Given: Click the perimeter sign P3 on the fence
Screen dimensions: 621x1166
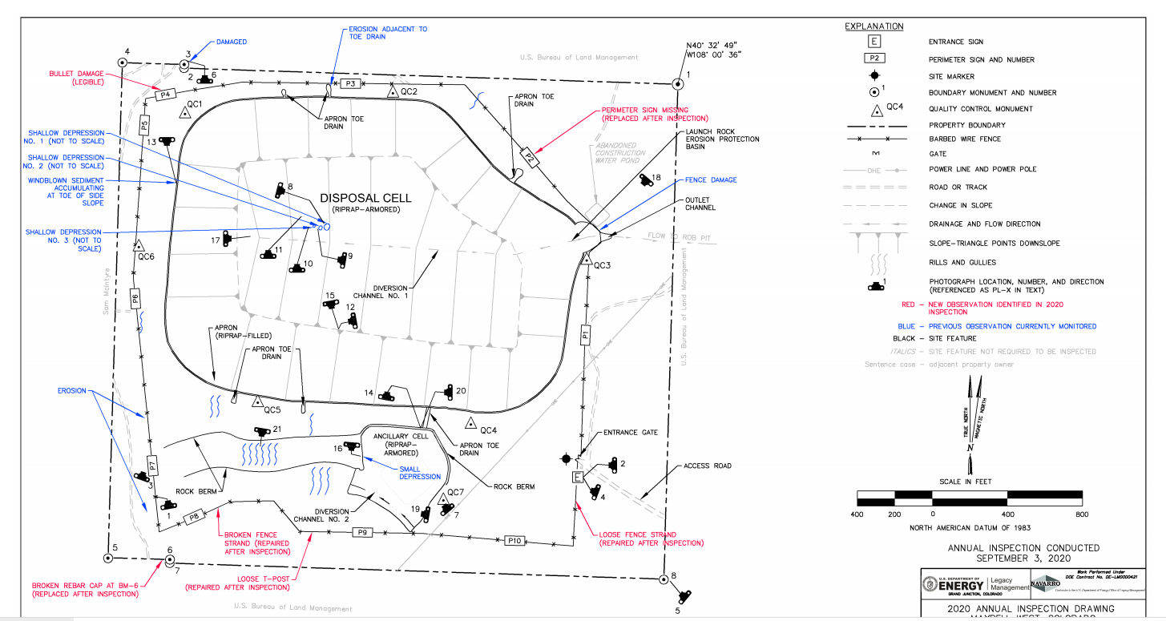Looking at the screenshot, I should pyautogui.click(x=349, y=83).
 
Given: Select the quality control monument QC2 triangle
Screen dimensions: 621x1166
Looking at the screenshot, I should pyautogui.click(x=393, y=92).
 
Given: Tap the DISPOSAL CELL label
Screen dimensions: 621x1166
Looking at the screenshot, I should pyautogui.click(x=365, y=198).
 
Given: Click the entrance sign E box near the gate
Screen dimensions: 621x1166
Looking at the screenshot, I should pyautogui.click(x=578, y=478).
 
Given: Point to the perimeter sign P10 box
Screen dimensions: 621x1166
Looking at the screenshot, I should pyautogui.click(x=514, y=542).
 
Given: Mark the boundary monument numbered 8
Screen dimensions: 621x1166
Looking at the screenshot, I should pyautogui.click(x=663, y=579).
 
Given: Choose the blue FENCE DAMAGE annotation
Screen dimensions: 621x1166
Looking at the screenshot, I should pyautogui.click(x=711, y=180).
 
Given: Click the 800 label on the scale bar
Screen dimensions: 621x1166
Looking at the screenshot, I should pyautogui.click(x=1081, y=513).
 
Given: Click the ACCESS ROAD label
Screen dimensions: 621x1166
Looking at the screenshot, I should pyautogui.click(x=707, y=466).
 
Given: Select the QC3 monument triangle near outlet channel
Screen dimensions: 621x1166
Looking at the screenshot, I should pyautogui.click(x=586, y=257).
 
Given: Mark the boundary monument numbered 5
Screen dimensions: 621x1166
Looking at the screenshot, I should pyautogui.click(x=107, y=558).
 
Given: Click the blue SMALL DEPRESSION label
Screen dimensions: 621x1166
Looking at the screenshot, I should pyautogui.click(x=420, y=473).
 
